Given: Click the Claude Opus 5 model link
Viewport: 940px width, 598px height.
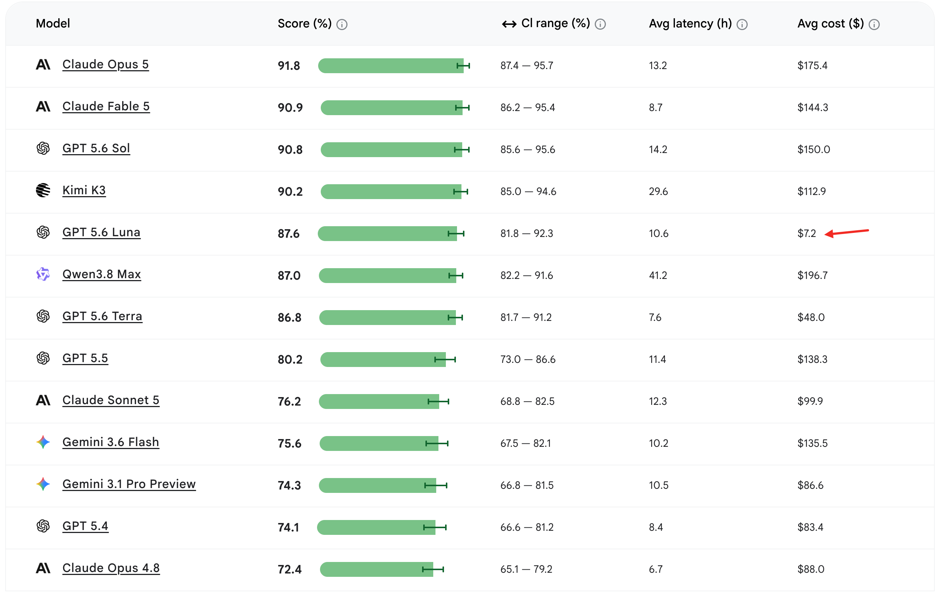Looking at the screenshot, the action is (x=105, y=65).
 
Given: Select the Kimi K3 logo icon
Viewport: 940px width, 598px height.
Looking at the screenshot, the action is (x=43, y=190).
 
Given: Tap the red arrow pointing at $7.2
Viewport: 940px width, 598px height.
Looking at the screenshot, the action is (x=846, y=233).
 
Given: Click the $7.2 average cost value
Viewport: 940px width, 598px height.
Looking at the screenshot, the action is (x=806, y=234).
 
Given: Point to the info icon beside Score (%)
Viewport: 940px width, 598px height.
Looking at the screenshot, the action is (x=342, y=25).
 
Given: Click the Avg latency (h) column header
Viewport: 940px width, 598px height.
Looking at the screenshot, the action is (x=690, y=23).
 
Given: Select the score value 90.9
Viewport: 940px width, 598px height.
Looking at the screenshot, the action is (x=290, y=107).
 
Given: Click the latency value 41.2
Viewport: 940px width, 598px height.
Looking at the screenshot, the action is (x=658, y=275).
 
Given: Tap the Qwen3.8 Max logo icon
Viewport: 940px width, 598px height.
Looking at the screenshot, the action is (x=43, y=274).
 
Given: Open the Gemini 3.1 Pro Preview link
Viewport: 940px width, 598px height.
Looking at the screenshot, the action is (x=129, y=484).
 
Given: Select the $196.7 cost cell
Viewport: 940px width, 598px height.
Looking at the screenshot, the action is (x=812, y=275).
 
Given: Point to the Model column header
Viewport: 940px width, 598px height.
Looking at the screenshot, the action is (x=53, y=23).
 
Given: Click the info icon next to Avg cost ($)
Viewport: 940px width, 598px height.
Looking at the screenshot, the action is (x=874, y=25).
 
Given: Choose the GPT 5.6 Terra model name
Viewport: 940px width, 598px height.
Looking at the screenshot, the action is (x=102, y=316).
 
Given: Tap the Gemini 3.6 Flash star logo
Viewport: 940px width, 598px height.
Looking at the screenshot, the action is (x=43, y=442).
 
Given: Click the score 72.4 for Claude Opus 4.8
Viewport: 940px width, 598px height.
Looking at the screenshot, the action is (x=289, y=569).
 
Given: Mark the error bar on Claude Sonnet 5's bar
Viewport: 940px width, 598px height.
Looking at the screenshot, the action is (x=438, y=402).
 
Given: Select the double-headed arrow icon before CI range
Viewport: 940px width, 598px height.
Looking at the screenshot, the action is (x=509, y=24).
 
